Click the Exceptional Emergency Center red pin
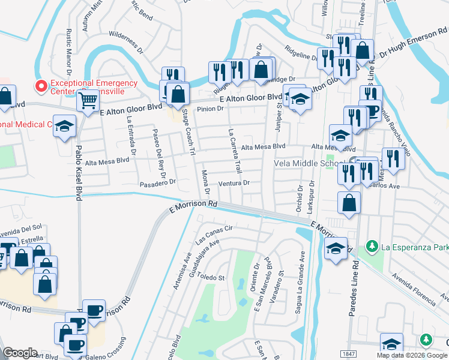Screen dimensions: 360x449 click(41, 86)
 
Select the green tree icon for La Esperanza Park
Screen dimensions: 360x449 click(372, 246)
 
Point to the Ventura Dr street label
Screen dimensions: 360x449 click(234, 183)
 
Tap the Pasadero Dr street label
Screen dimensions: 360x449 click(157, 182)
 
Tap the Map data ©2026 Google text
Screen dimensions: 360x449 click(411, 355)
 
